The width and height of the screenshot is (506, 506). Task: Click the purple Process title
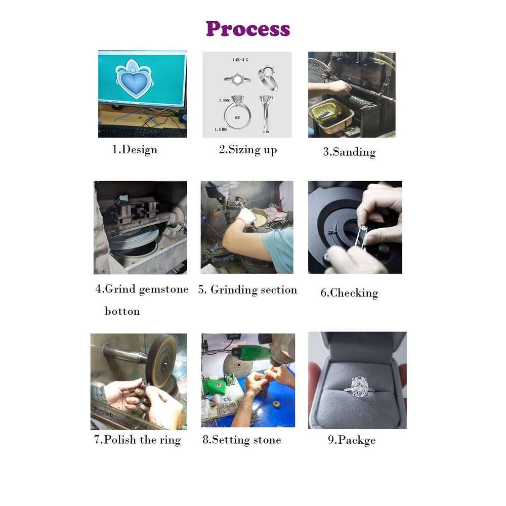(248, 29)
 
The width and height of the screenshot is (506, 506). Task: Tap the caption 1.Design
(135, 150)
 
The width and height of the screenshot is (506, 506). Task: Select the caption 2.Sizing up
(248, 150)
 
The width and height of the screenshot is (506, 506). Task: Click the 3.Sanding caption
(350, 152)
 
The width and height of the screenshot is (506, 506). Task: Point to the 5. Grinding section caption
(247, 290)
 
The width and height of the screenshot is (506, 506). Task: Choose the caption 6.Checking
(349, 293)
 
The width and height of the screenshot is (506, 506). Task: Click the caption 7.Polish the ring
(138, 440)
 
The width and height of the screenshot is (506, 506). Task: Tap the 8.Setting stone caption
(242, 440)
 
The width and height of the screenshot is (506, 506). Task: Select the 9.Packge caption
(352, 440)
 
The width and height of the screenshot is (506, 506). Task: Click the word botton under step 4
(122, 311)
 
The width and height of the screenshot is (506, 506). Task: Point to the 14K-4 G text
(240, 60)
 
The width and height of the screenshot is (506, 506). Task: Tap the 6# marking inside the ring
(237, 117)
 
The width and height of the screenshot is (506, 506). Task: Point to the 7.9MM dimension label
(224, 100)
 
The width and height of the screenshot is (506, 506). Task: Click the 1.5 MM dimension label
(221, 130)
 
